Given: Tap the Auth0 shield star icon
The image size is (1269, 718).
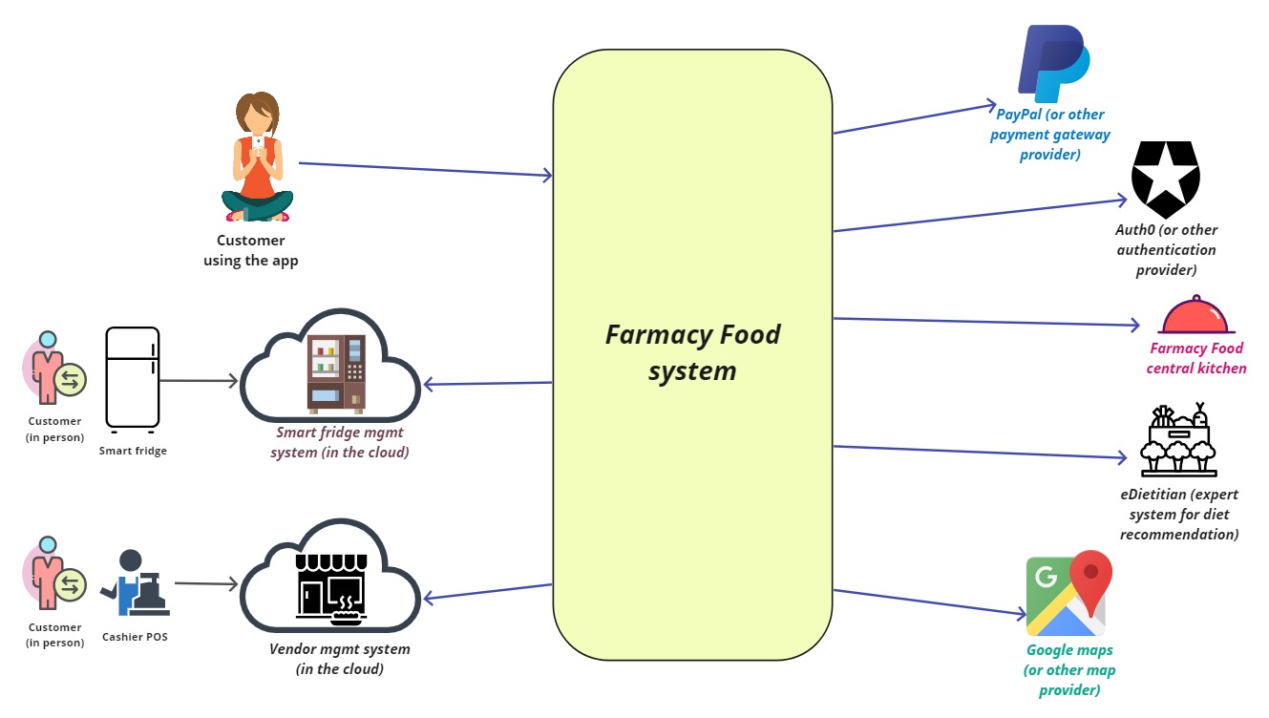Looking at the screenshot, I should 1165,179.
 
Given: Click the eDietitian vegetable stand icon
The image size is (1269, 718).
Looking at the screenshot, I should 1178,440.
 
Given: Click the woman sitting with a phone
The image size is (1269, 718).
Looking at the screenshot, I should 255,157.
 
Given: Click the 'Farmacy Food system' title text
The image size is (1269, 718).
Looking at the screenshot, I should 692,352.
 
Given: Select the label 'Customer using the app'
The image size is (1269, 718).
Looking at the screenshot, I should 251,250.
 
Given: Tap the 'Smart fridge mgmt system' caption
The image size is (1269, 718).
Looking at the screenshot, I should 340,442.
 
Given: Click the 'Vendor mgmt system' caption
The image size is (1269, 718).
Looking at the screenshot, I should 339,659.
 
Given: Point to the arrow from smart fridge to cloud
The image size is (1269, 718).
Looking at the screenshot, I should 199,381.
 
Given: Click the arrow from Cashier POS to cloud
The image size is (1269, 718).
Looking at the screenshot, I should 205,583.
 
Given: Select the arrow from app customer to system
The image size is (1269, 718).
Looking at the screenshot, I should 426,169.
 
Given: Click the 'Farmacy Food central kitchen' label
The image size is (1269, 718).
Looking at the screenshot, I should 1196,358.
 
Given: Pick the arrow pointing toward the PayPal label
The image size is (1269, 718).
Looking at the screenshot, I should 915,117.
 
